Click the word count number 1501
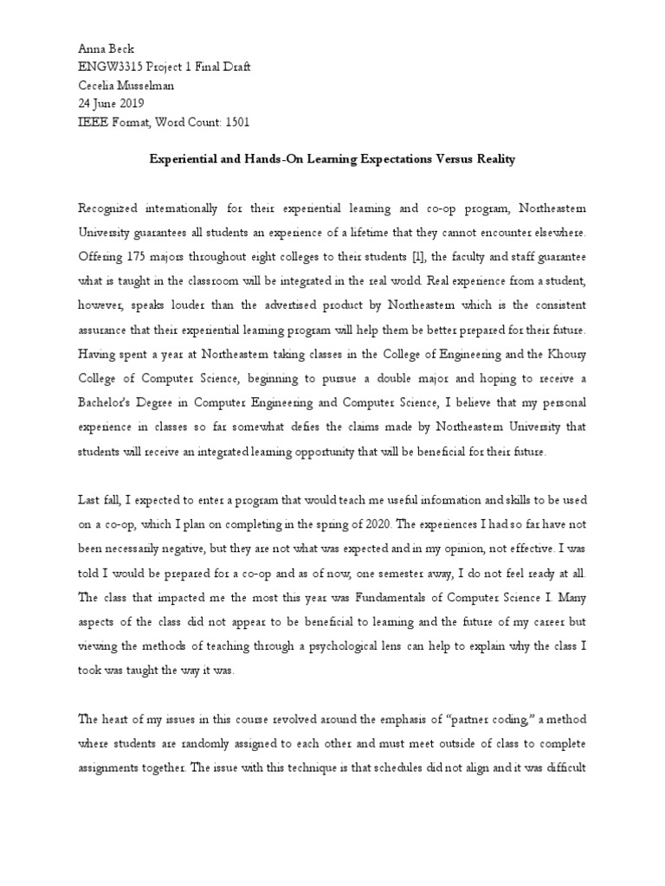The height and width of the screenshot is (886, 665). pyautogui.click(x=236, y=122)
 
